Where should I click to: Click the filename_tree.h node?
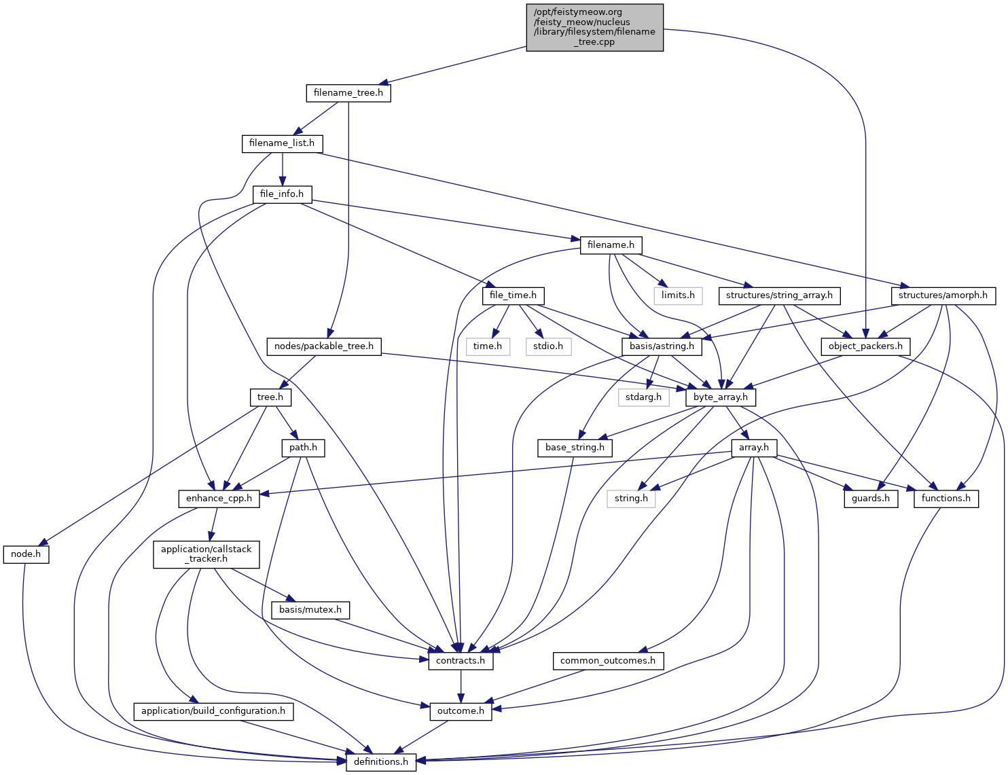tap(348, 93)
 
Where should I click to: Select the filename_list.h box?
tap(282, 143)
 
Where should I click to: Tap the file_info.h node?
tap(282, 194)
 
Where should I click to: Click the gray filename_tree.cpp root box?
tap(594, 27)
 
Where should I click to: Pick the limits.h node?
tap(678, 295)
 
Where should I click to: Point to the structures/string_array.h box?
tap(779, 295)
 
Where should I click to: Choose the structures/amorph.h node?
tap(943, 295)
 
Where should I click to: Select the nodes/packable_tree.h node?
tap(324, 346)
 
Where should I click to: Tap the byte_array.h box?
tap(720, 397)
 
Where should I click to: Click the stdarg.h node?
tap(643, 397)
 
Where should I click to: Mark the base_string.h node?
tap(575, 448)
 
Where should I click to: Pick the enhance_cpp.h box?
tap(219, 499)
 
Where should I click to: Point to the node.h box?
tap(26, 554)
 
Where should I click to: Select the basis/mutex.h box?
tap(310, 610)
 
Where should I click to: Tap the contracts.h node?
tap(461, 661)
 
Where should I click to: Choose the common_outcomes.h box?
tap(608, 661)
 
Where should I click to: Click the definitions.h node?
tap(381, 762)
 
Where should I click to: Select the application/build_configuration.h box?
tap(213, 711)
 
